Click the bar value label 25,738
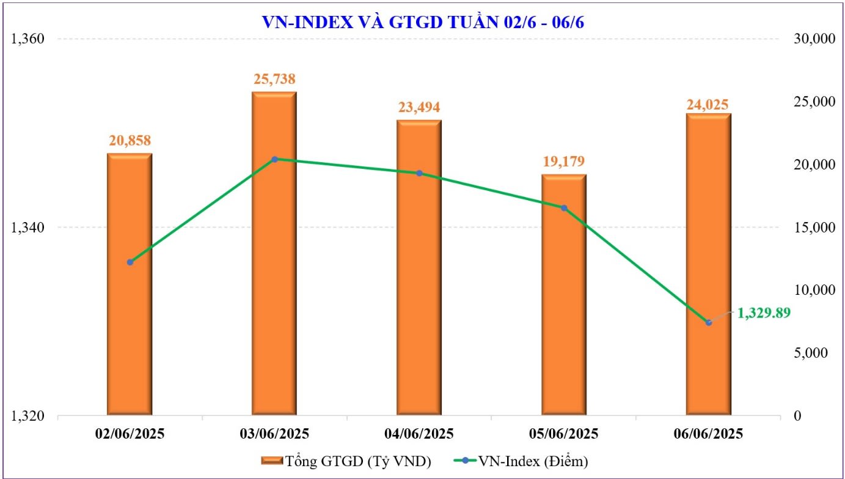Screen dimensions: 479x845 pyautogui.click(x=274, y=79)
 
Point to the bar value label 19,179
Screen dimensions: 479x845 pyautogui.click(x=564, y=162)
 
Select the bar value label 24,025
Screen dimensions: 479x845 pyautogui.click(x=708, y=105)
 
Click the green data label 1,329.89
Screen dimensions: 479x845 pyautogui.click(x=764, y=313)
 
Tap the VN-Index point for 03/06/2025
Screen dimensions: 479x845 pyautogui.click(x=274, y=159)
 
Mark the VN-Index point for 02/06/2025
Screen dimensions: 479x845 pyautogui.click(x=130, y=262)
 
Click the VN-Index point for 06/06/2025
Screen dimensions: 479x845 pyautogui.click(x=709, y=322)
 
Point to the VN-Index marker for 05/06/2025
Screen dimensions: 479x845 pyautogui.click(x=564, y=208)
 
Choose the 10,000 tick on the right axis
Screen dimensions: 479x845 pyautogui.click(x=810, y=290)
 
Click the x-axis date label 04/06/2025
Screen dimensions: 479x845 pyautogui.click(x=419, y=434)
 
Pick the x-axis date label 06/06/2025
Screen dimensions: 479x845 pyautogui.click(x=709, y=434)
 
